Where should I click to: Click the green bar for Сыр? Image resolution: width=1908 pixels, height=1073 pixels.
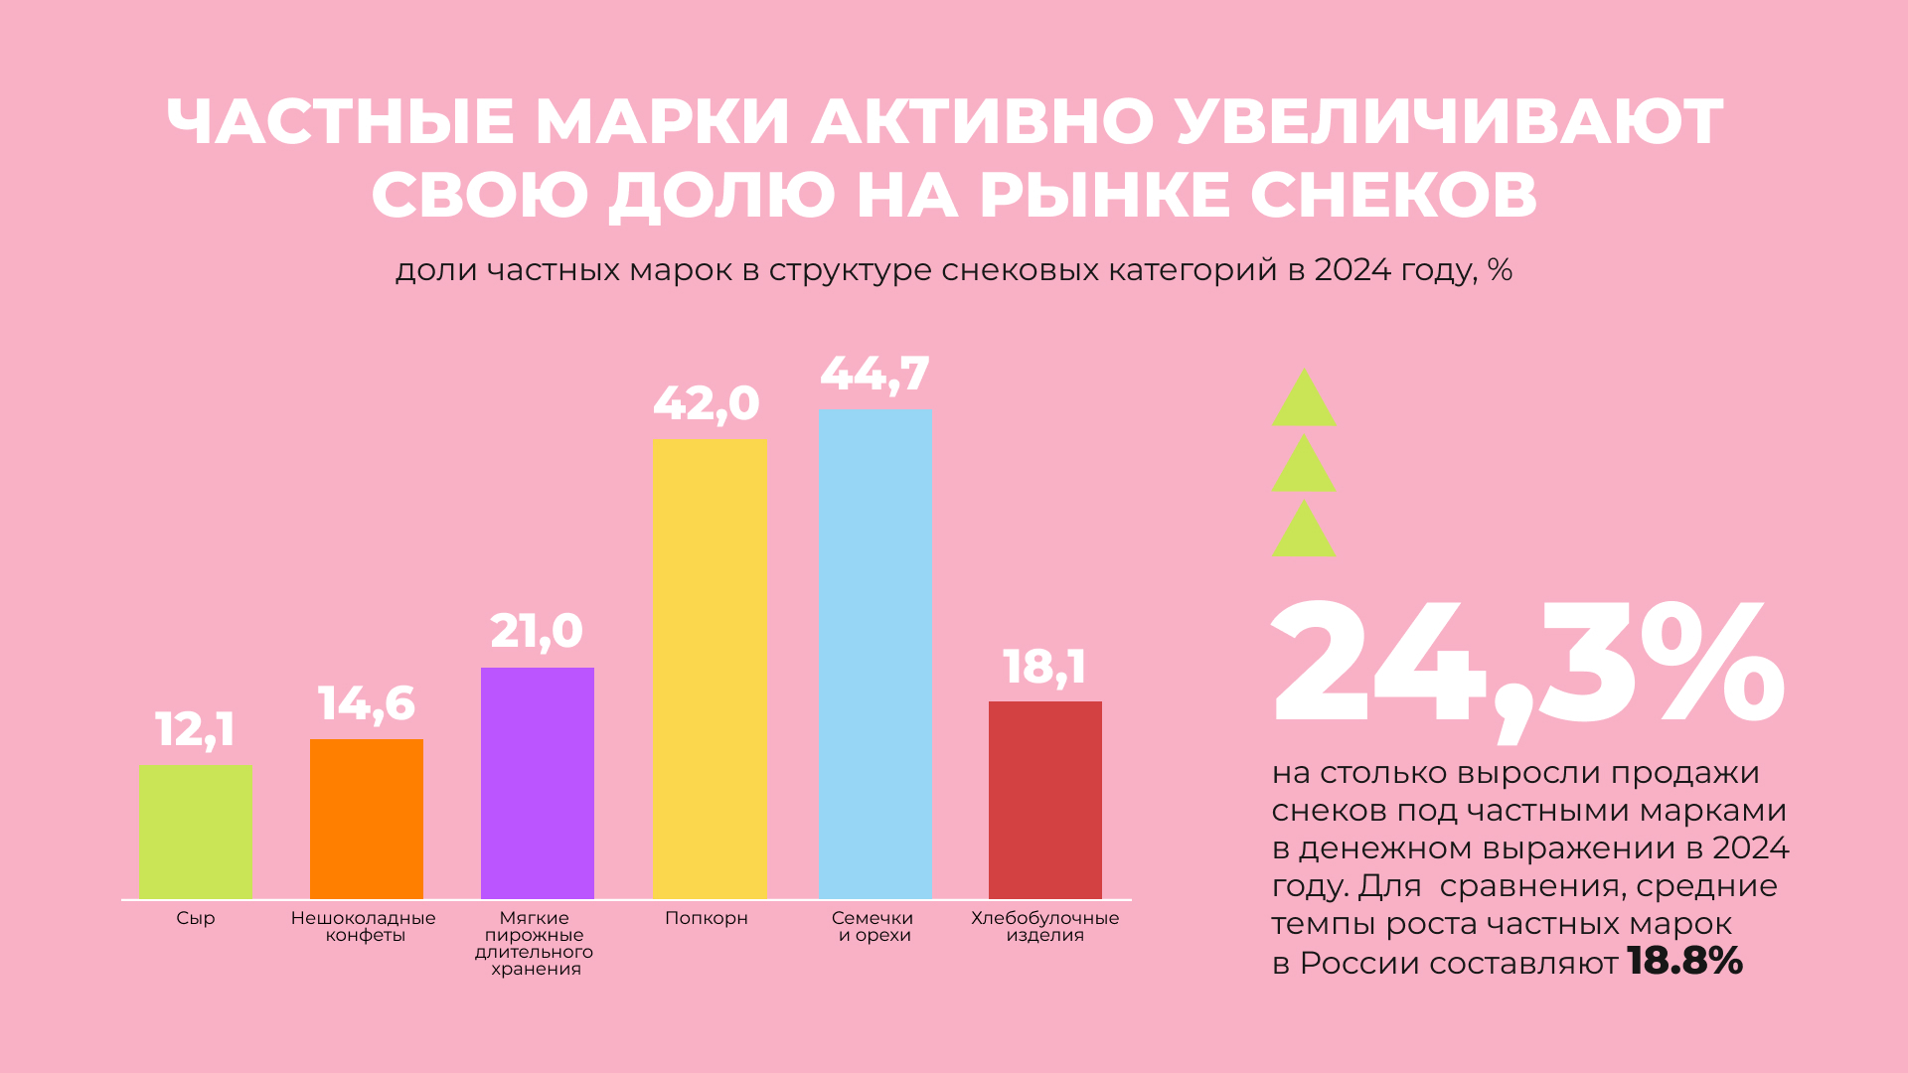(195, 832)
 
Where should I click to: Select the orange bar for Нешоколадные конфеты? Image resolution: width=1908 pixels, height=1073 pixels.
(366, 819)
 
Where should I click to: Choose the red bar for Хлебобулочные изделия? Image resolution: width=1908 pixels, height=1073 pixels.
(1044, 800)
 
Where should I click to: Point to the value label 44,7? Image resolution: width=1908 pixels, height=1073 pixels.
(874, 374)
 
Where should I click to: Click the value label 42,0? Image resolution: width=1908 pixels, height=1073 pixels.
(706, 403)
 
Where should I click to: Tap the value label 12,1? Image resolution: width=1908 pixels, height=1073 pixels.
(195, 730)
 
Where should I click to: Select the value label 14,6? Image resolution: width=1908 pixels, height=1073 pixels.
(366, 704)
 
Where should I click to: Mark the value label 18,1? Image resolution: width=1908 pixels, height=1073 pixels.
(1043, 667)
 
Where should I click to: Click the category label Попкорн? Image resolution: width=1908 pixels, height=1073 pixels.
(706, 918)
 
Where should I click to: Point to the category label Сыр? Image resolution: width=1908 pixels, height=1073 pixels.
(195, 918)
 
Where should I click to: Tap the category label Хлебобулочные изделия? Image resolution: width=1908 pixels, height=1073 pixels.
(1044, 926)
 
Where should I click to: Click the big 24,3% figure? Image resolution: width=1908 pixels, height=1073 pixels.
(1526, 666)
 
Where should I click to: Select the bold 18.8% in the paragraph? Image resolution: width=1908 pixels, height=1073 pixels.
(1684, 962)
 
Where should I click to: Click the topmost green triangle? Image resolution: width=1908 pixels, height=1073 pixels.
(1304, 401)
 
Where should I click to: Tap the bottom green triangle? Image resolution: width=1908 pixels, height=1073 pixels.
(1304, 532)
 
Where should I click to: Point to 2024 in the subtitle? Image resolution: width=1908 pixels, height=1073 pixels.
(1351, 270)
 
